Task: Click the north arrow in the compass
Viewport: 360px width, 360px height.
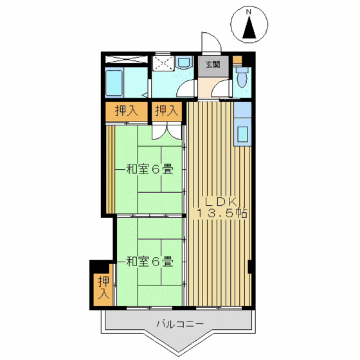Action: point(251,28)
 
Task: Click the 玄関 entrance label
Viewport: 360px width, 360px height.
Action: point(213,64)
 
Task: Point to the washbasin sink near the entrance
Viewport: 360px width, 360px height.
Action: point(185,63)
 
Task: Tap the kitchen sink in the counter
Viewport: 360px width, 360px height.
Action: point(243,134)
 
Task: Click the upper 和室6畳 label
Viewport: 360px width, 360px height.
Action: point(148,170)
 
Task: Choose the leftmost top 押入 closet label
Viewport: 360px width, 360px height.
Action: point(127,111)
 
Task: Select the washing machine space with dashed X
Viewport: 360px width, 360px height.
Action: point(163,64)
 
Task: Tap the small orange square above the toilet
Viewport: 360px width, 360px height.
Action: point(238,60)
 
